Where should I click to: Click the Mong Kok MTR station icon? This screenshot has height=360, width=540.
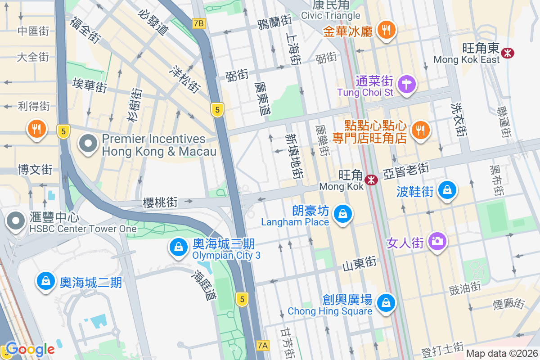(371, 180)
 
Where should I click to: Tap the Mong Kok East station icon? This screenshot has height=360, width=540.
(508, 53)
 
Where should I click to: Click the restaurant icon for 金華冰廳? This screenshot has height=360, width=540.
(385, 30)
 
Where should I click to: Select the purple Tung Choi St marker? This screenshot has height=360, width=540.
(407, 84)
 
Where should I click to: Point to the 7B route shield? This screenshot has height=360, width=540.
(198, 23)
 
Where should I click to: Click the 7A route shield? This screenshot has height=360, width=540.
(263, 346)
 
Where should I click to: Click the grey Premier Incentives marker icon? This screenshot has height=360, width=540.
(88, 144)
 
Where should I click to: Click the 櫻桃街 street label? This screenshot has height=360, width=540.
(160, 202)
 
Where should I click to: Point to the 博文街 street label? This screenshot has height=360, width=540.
(35, 170)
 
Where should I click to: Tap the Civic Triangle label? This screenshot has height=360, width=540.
(331, 16)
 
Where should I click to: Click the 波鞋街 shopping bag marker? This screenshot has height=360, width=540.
(448, 190)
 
